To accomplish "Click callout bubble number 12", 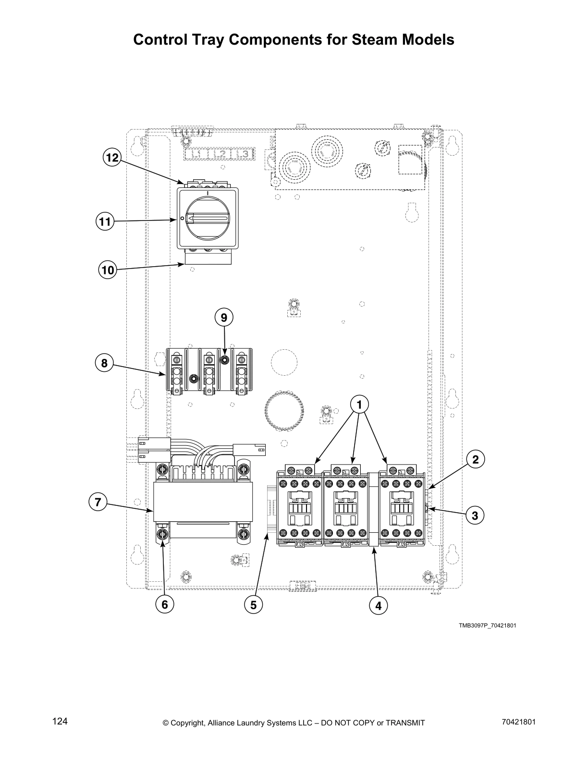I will [x=112, y=158].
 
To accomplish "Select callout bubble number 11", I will [x=104, y=222].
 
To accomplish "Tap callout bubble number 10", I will [x=108, y=270].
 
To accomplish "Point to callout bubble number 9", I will [x=224, y=318].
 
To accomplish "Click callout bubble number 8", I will [x=104, y=363].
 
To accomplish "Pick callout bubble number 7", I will [x=98, y=503].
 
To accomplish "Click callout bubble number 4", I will [x=378, y=606].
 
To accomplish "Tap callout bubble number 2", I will [x=475, y=460].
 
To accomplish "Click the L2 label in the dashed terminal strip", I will [x=220, y=154].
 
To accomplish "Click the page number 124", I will [x=60, y=722].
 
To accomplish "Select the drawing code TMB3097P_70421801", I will [x=487, y=626].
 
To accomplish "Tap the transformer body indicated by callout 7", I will [x=203, y=502].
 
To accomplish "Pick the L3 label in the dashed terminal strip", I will [x=243, y=154].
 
